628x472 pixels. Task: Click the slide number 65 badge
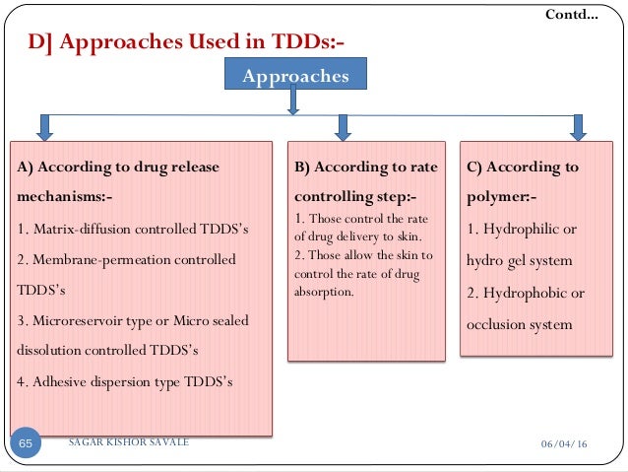26,444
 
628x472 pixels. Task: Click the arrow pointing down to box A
44,127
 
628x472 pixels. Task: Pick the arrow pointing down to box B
343,127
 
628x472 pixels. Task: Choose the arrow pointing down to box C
579,127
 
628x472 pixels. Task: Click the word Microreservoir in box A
76,320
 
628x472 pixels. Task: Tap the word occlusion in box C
497,325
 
